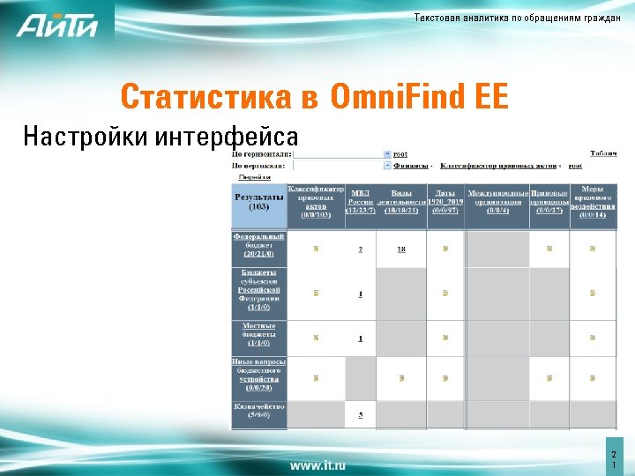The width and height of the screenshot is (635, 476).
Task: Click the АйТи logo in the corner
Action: tap(56, 27)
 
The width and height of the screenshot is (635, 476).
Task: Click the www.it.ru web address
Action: tap(317, 464)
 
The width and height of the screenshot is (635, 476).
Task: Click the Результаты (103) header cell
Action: tap(259, 203)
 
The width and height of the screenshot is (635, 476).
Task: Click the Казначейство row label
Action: tap(259, 411)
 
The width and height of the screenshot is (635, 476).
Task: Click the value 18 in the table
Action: tap(401, 249)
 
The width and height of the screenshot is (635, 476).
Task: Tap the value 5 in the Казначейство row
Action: tap(361, 414)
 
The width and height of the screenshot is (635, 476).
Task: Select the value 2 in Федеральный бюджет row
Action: tap(361, 249)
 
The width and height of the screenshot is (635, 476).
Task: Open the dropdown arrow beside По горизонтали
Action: tap(387, 153)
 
